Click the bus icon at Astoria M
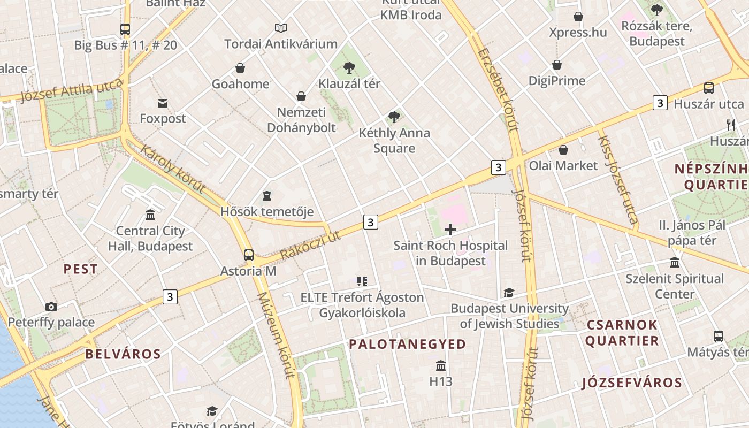pyautogui.click(x=249, y=255)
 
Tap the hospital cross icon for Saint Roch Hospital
pyautogui.click(x=450, y=230)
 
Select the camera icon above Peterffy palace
pyautogui.click(x=51, y=307)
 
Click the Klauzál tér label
pyautogui.click(x=349, y=83)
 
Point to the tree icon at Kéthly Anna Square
pyautogui.click(x=394, y=117)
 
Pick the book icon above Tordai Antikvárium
pyautogui.click(x=281, y=28)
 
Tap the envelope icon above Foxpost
pyautogui.click(x=163, y=103)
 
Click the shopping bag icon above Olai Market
pyautogui.click(x=563, y=150)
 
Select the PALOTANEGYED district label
pyautogui.click(x=408, y=344)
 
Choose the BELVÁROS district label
pyautogui.click(x=123, y=354)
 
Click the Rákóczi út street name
pyautogui.click(x=310, y=245)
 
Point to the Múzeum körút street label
pyautogui.click(x=276, y=335)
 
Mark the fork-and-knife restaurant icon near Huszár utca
pyautogui.click(x=731, y=125)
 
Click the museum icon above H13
pyautogui.click(x=441, y=366)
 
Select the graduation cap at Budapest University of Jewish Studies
pyautogui.click(x=509, y=293)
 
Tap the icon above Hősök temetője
pyautogui.click(x=267, y=196)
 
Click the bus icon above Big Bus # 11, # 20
pyautogui.click(x=125, y=29)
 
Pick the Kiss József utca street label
pyautogui.click(x=618, y=179)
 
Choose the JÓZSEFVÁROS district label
pyautogui.click(x=632, y=382)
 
